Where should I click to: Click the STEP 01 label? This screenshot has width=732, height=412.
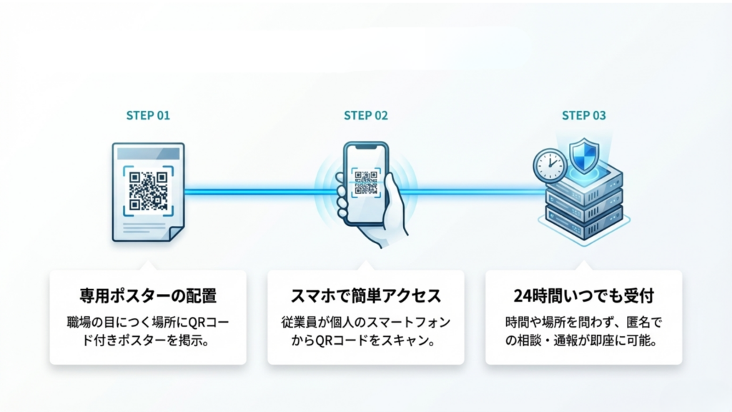(148, 115)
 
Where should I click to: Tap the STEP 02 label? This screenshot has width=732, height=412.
(366, 115)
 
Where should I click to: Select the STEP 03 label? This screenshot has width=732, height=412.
(584, 115)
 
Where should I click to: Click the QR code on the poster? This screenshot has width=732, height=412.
(148, 190)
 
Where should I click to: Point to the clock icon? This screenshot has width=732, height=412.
(549, 166)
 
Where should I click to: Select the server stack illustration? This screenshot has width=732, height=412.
(583, 204)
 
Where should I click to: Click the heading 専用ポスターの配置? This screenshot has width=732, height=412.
(147, 295)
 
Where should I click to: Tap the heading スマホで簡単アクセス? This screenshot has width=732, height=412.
(365, 295)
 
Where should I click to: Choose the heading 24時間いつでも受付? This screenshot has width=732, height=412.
(583, 295)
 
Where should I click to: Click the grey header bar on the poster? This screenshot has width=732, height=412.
(148, 154)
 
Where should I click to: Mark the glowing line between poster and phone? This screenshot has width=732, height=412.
(250, 191)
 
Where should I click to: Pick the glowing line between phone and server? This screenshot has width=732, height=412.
(472, 191)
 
